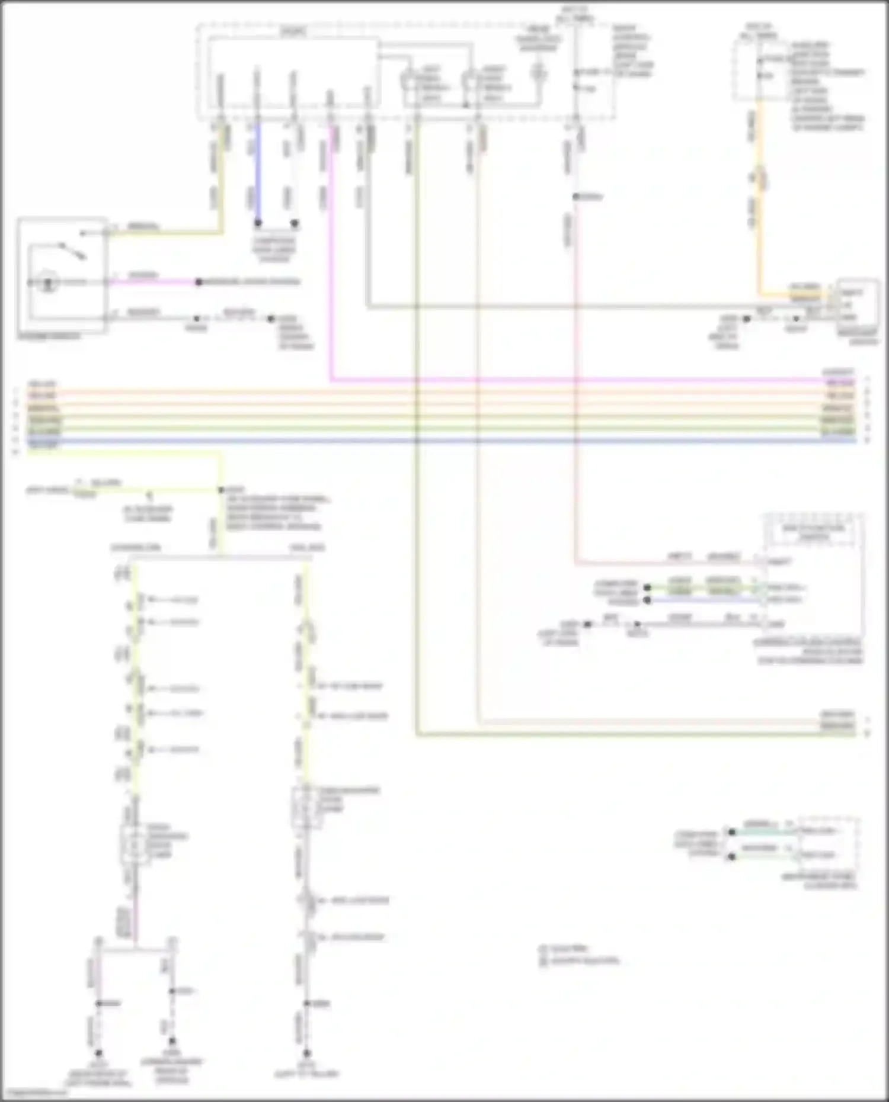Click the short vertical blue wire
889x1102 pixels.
[257, 172]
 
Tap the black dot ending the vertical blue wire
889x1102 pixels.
[258, 223]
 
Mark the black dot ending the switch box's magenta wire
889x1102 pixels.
[199, 282]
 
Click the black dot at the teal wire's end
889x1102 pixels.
[731, 832]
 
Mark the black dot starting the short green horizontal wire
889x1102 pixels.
[647, 588]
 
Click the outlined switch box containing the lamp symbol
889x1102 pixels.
[63, 276]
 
